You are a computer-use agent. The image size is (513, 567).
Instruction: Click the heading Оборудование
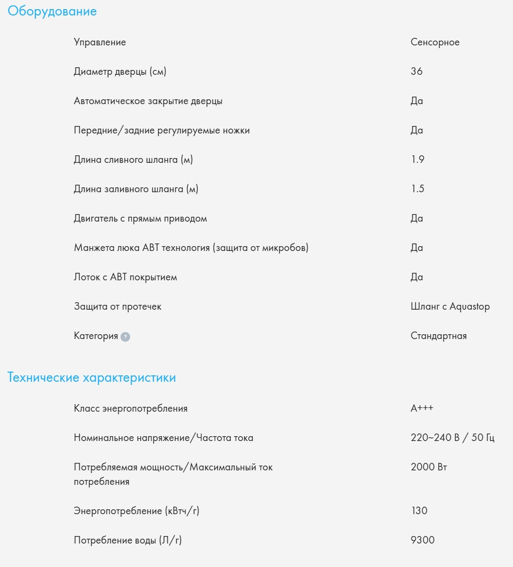click(52, 11)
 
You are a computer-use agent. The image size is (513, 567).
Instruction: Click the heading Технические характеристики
click(92, 378)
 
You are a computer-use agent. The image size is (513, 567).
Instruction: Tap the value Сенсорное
click(435, 42)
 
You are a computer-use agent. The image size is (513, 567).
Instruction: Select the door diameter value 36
click(416, 72)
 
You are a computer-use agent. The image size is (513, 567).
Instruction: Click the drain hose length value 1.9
click(418, 160)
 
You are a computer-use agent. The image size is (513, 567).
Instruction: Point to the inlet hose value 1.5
click(418, 189)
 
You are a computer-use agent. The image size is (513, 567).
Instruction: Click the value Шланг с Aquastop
click(450, 306)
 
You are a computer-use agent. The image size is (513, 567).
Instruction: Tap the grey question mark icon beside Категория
click(125, 337)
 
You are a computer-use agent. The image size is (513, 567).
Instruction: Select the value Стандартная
click(438, 336)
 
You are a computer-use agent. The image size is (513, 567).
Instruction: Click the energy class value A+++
click(422, 408)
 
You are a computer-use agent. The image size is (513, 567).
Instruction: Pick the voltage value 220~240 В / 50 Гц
click(453, 438)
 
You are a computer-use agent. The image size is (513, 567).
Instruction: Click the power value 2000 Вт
click(429, 467)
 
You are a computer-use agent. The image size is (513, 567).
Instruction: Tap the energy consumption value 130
click(419, 511)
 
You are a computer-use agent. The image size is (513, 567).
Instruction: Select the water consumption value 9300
click(422, 540)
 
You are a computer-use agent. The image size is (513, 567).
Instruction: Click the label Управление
click(100, 42)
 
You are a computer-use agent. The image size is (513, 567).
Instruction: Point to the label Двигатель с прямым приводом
click(140, 218)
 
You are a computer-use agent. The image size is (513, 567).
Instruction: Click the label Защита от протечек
click(117, 306)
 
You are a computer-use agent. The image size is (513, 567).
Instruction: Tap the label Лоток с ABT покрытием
click(125, 277)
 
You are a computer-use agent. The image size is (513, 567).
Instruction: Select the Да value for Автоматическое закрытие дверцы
click(416, 101)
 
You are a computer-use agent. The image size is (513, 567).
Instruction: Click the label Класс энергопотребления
click(131, 408)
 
